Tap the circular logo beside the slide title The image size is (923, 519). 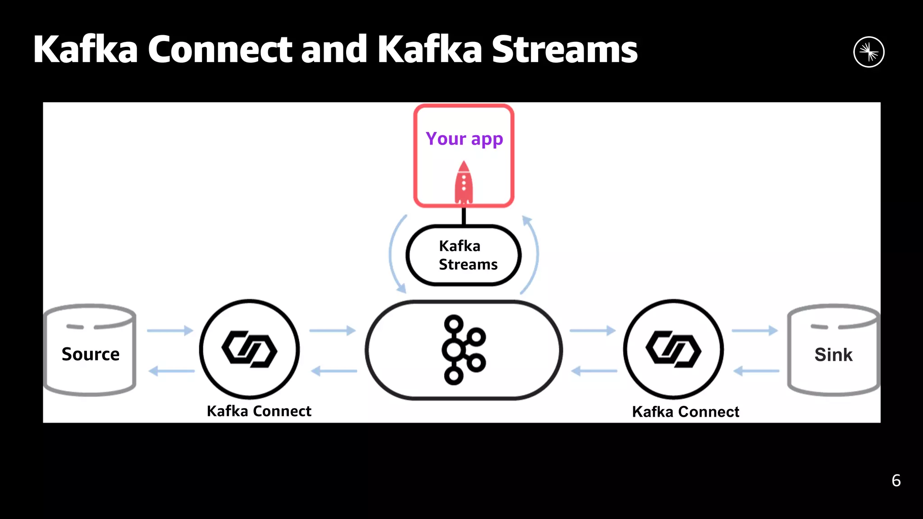coord(868,52)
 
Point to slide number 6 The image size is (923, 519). coord(896,480)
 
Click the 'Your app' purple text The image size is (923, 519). coord(464,139)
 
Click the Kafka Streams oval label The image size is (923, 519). coord(464,255)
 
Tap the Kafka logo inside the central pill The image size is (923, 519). coord(463,350)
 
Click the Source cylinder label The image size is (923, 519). coord(91,354)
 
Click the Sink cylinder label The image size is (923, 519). coord(833,355)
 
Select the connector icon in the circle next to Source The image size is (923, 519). coord(249,349)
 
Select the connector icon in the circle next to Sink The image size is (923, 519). coord(673,349)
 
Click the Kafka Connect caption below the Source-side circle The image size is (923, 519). coord(259,411)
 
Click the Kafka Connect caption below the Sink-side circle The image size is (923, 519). coord(685,411)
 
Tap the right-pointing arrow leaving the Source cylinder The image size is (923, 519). coord(170,330)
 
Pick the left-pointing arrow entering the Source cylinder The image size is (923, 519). coord(171,371)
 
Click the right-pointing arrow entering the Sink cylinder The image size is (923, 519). coord(754,330)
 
